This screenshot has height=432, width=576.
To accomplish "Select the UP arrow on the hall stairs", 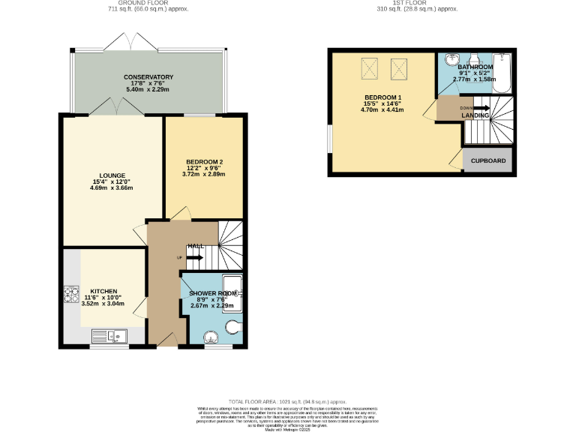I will click(x=193, y=257).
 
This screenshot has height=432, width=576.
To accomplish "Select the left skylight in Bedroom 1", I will click(x=370, y=69).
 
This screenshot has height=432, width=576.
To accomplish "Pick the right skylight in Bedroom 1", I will click(x=398, y=69).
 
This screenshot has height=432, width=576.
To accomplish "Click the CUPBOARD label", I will click(x=487, y=161).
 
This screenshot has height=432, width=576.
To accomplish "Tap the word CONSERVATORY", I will click(x=149, y=77).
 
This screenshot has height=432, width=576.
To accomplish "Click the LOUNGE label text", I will click(x=98, y=175).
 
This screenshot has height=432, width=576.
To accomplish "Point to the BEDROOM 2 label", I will click(x=203, y=162).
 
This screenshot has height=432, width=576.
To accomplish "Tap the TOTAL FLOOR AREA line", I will click(x=289, y=401).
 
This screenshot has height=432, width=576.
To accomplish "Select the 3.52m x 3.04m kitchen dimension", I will click(x=103, y=304).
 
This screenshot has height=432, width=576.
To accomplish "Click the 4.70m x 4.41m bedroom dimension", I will click(x=382, y=109).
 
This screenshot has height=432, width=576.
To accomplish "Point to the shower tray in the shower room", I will click(x=231, y=293).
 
